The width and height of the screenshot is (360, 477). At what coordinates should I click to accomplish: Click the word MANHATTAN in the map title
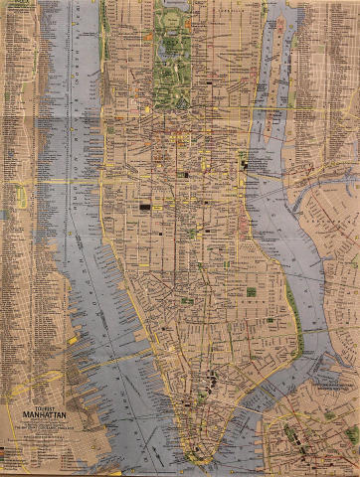(35, 418)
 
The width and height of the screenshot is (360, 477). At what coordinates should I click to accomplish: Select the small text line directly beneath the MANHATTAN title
(36, 426)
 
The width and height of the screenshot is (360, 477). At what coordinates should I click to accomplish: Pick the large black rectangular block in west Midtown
(150, 205)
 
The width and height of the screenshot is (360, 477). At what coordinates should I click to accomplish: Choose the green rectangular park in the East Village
(251, 291)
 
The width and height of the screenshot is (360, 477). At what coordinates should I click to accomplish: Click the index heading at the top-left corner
(17, 5)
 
